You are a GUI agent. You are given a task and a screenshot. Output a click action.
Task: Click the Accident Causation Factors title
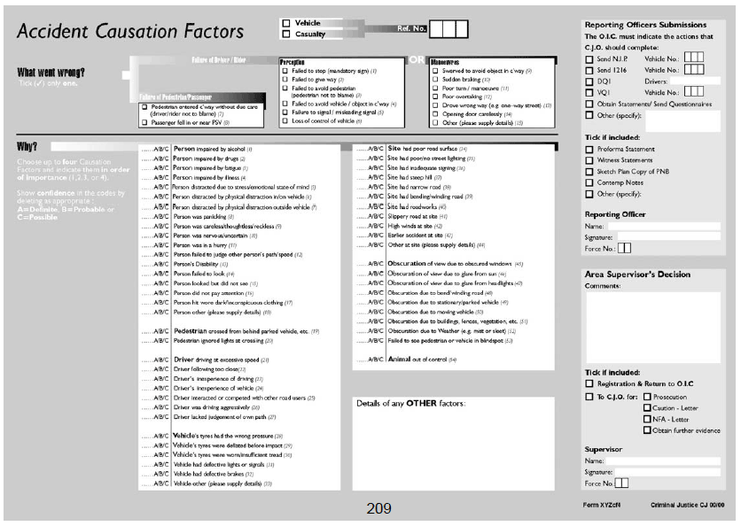129,32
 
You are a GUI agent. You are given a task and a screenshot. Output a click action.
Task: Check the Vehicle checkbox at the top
285,23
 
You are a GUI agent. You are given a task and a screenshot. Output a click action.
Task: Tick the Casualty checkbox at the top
285,35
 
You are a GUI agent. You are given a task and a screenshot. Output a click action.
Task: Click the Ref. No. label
412,29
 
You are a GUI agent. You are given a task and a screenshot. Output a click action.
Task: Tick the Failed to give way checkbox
285,80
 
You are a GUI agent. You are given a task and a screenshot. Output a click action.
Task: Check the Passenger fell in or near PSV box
144,122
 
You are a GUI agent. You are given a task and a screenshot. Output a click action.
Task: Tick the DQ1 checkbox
590,81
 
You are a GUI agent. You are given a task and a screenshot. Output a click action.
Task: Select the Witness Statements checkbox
590,160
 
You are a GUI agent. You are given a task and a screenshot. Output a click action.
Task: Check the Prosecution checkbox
647,398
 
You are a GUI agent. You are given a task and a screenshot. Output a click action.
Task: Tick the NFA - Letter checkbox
647,419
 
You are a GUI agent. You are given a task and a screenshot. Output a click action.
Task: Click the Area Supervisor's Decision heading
637,275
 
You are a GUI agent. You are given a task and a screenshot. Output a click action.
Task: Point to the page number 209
378,508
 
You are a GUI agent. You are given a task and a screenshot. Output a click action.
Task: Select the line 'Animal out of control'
422,360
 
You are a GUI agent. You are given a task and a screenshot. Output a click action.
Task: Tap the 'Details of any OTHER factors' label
410,404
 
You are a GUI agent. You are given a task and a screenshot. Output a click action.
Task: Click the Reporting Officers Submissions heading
645,25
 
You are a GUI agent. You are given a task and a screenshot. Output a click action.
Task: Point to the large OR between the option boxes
416,61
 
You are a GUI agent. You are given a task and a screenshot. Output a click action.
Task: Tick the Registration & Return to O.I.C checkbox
590,384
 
